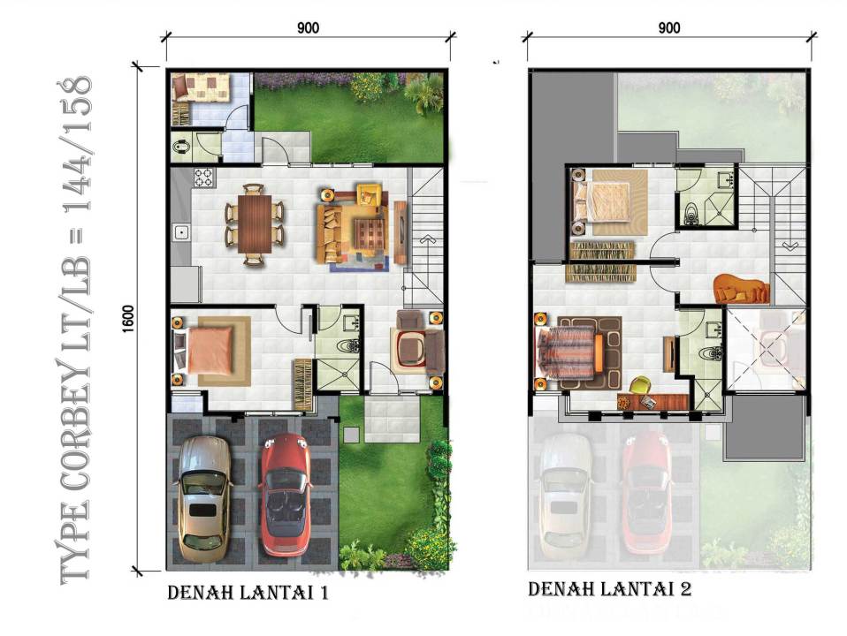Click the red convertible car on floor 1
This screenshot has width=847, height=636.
coord(286,495)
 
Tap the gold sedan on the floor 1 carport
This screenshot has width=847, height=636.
coord(203,499)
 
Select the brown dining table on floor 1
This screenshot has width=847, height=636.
coord(255,223)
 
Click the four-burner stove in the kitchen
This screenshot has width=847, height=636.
coord(203,178)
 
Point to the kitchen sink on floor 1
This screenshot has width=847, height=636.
coord(181,232)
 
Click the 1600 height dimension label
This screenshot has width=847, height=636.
coord(128,319)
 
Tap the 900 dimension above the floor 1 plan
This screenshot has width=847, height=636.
coord(308,28)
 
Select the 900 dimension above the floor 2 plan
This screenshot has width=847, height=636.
coord(668,28)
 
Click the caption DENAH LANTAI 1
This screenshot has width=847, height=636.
coord(248,593)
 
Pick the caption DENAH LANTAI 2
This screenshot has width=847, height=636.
coord(610,589)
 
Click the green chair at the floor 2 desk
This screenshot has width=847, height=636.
coord(640,385)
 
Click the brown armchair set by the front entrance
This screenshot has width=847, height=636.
coord(417,344)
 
